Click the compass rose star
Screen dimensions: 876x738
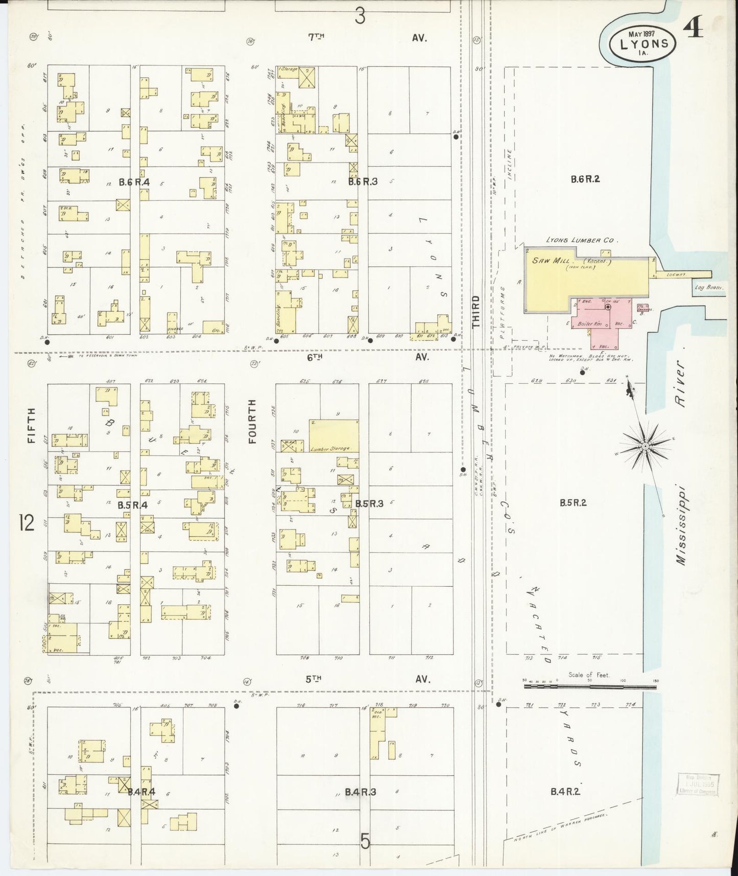click(x=645, y=446)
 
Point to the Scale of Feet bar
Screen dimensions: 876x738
click(x=590, y=686)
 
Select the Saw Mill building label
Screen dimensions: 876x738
click(x=549, y=260)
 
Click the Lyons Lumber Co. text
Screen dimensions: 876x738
click(x=582, y=239)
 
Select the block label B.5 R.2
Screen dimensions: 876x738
click(x=573, y=502)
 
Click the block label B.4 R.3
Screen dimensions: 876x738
click(x=361, y=792)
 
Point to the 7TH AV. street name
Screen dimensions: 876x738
click(x=369, y=37)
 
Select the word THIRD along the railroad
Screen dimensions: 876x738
click(x=475, y=311)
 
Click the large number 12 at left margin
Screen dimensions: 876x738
click(x=27, y=523)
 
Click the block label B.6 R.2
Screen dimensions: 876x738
click(x=585, y=179)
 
